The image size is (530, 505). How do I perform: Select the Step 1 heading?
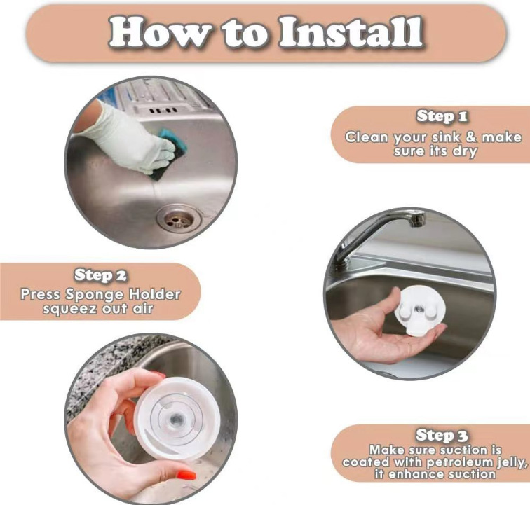[x=442, y=116]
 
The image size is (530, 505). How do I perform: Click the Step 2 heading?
[x=100, y=275]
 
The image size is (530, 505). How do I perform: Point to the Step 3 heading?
[x=442, y=435]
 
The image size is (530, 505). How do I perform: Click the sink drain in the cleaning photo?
[x=179, y=219]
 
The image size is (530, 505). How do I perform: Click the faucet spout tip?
[x=417, y=220]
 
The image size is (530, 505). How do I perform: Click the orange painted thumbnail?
[x=186, y=475]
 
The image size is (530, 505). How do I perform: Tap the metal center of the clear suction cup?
[x=176, y=420]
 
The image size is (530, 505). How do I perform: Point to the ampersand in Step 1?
[x=470, y=137]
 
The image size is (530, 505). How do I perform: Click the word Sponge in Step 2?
[x=95, y=295]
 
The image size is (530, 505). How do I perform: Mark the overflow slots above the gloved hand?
[x=163, y=110]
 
